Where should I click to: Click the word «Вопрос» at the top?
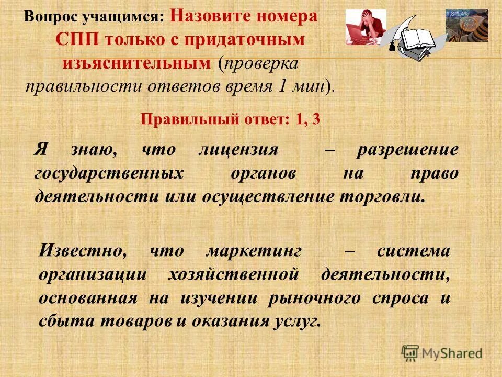click(x=50, y=17)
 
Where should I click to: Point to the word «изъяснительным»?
click(x=137, y=63)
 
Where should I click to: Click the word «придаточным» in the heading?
click(x=252, y=40)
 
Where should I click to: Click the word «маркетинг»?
click(x=254, y=251)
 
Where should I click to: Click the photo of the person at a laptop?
click(x=366, y=27)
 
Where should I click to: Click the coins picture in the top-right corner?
click(x=467, y=24)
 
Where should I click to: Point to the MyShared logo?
click(x=442, y=353)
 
